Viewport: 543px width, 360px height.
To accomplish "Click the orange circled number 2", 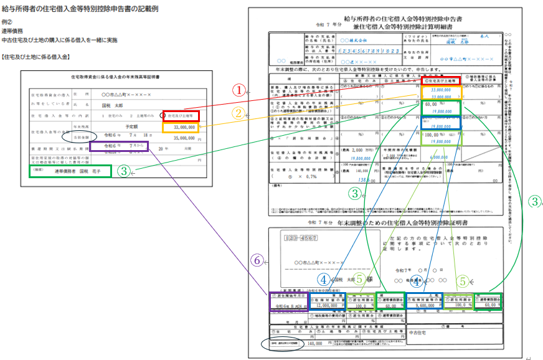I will (x=238, y=113).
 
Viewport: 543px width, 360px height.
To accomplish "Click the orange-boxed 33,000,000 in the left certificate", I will (x=181, y=126).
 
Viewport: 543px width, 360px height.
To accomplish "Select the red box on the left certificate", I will (x=181, y=116).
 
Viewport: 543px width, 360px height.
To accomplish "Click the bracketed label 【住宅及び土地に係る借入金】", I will (x=36, y=57).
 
